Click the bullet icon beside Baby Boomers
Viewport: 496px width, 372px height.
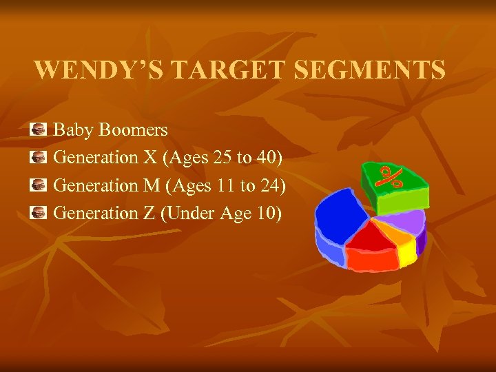(x=39, y=130)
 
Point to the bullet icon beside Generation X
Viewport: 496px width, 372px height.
(x=39, y=158)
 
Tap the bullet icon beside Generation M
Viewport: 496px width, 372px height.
(x=39, y=185)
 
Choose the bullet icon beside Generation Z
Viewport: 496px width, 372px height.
(x=39, y=214)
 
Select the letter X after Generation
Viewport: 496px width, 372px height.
(x=149, y=158)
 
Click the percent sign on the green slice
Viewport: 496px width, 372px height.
(x=392, y=177)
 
